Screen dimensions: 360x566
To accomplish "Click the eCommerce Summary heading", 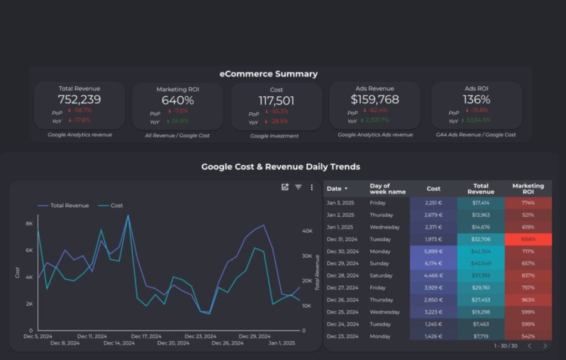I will [269, 74].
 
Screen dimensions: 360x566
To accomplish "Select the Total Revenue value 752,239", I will [79, 100].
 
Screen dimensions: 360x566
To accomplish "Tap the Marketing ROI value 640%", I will [177, 101].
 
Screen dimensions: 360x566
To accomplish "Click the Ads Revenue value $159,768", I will [375, 100].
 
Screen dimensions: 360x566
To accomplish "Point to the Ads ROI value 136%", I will [476, 100].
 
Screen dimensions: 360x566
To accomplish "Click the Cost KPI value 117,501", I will [276, 101].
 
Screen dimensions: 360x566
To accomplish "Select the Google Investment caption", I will [274, 135].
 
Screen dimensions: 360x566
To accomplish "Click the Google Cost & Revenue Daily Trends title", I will [280, 166].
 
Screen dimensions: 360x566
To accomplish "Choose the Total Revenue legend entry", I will [69, 206].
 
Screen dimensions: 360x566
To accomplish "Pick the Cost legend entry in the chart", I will [117, 206].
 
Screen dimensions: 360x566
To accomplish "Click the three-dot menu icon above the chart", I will [312, 187].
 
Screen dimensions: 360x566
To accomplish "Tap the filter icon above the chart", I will [298, 187].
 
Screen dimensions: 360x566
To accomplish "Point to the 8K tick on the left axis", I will [29, 223].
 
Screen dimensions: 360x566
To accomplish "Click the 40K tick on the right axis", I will [307, 231].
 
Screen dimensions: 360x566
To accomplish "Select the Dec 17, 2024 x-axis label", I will [146, 336].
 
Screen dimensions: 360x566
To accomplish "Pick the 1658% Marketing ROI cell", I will [528, 239].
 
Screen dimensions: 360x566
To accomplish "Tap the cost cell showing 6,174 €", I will [433, 263].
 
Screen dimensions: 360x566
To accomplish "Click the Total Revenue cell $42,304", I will [480, 251].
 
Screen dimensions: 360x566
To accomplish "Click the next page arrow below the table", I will [544, 346].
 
